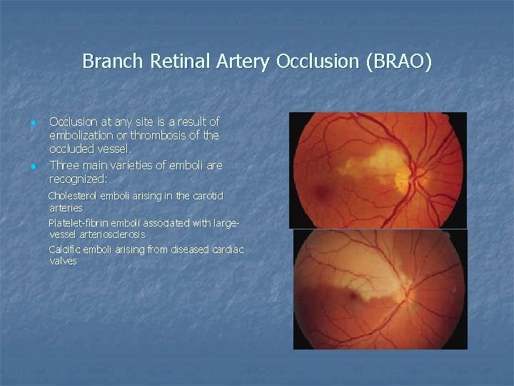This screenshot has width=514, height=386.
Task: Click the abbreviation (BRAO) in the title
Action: pyautogui.click(x=398, y=61)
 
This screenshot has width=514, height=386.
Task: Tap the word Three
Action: pyautogui.click(x=66, y=165)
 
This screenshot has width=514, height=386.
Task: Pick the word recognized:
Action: pyautogui.click(x=78, y=179)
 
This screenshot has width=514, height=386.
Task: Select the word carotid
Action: pyautogui.click(x=206, y=196)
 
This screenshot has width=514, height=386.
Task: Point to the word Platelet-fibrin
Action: pyautogui.click(x=81, y=222)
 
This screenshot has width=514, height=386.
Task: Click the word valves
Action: pyautogui.click(x=63, y=262)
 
